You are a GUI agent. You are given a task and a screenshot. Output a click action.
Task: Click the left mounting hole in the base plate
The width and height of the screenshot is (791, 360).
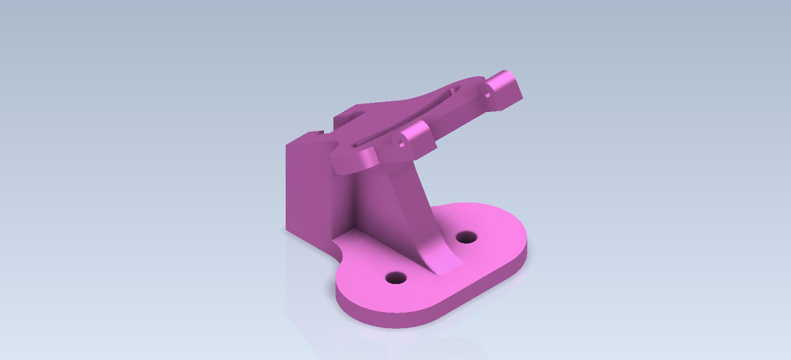395,278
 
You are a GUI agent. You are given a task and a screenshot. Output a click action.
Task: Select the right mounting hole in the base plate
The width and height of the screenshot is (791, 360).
467,237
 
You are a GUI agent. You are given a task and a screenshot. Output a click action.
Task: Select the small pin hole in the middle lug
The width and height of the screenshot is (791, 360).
402,143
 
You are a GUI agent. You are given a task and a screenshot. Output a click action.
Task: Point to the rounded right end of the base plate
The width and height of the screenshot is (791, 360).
519,239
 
